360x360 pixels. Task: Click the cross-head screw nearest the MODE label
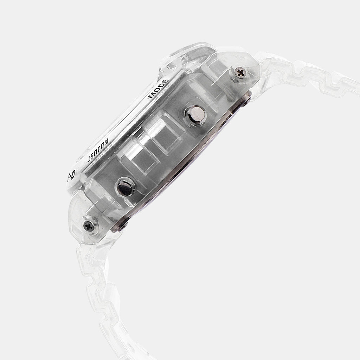(x=241, y=73)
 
